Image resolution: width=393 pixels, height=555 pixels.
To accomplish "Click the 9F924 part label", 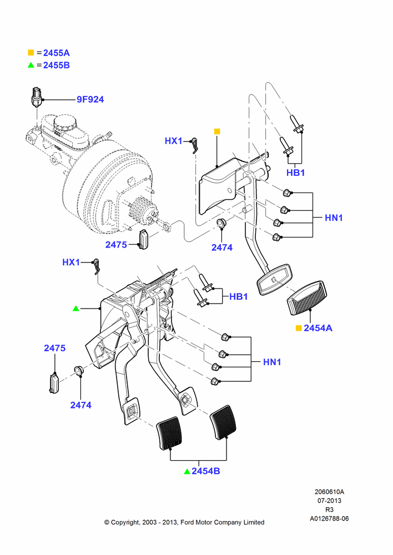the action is [90, 99].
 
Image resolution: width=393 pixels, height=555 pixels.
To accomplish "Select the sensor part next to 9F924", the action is [37, 96].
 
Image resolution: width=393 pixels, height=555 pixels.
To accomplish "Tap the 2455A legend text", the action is [56, 53].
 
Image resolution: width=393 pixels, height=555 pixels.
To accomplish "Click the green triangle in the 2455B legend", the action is [31, 65].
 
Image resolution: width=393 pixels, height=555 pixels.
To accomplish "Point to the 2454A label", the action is [318, 328].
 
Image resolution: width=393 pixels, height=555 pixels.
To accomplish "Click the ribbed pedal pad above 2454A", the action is [306, 297].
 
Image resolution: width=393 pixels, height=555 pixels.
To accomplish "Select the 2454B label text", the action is [206, 471].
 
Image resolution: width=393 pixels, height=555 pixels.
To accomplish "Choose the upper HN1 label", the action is [334, 218].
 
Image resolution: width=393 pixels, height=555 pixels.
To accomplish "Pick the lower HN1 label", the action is [272, 362].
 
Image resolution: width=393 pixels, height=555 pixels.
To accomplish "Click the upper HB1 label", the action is [296, 173].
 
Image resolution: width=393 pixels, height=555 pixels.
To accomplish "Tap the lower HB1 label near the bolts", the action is [239, 296].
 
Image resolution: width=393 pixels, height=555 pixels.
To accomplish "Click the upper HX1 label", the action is [174, 141].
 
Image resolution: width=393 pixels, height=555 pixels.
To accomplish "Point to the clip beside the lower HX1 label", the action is [95, 266].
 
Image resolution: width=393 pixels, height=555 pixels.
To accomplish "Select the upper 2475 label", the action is [116, 245].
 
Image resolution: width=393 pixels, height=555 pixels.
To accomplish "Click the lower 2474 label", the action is [80, 405].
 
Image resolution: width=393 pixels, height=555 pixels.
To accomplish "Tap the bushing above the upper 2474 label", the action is [221, 223].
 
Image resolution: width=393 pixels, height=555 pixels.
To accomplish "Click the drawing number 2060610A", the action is [329, 492].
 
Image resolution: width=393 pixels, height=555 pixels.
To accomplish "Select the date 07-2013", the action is [329, 501].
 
